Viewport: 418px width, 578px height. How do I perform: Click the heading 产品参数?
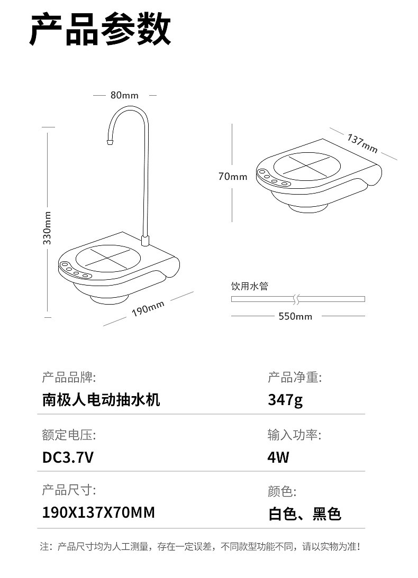click(x=100, y=29)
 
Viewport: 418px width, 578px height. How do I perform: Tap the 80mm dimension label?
click(x=125, y=95)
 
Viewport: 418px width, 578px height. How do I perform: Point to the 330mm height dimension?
click(x=47, y=228)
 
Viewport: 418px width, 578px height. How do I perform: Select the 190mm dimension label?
click(x=148, y=308)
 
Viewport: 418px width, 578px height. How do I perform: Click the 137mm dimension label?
click(x=362, y=143)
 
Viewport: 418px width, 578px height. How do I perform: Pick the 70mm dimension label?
click(x=233, y=177)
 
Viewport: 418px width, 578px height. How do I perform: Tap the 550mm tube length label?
click(x=295, y=316)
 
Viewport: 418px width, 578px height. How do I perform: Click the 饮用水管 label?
click(x=249, y=286)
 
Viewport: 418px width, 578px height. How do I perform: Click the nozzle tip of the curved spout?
click(x=109, y=142)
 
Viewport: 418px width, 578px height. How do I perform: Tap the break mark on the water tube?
click(x=296, y=299)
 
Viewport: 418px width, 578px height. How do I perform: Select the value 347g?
click(x=285, y=400)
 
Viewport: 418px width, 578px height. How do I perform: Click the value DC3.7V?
click(x=68, y=457)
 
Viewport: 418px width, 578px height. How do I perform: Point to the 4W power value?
click(x=278, y=457)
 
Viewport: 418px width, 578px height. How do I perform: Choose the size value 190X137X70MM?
click(x=98, y=512)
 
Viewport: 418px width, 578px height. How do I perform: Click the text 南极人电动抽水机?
click(x=101, y=400)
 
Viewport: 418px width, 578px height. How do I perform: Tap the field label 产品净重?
click(x=295, y=378)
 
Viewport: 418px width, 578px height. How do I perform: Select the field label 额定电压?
click(x=69, y=435)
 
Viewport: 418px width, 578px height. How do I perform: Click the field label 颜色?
click(x=282, y=491)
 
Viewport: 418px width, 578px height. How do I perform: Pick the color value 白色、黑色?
click(x=305, y=513)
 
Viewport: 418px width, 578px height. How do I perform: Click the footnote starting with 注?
click(x=200, y=546)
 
